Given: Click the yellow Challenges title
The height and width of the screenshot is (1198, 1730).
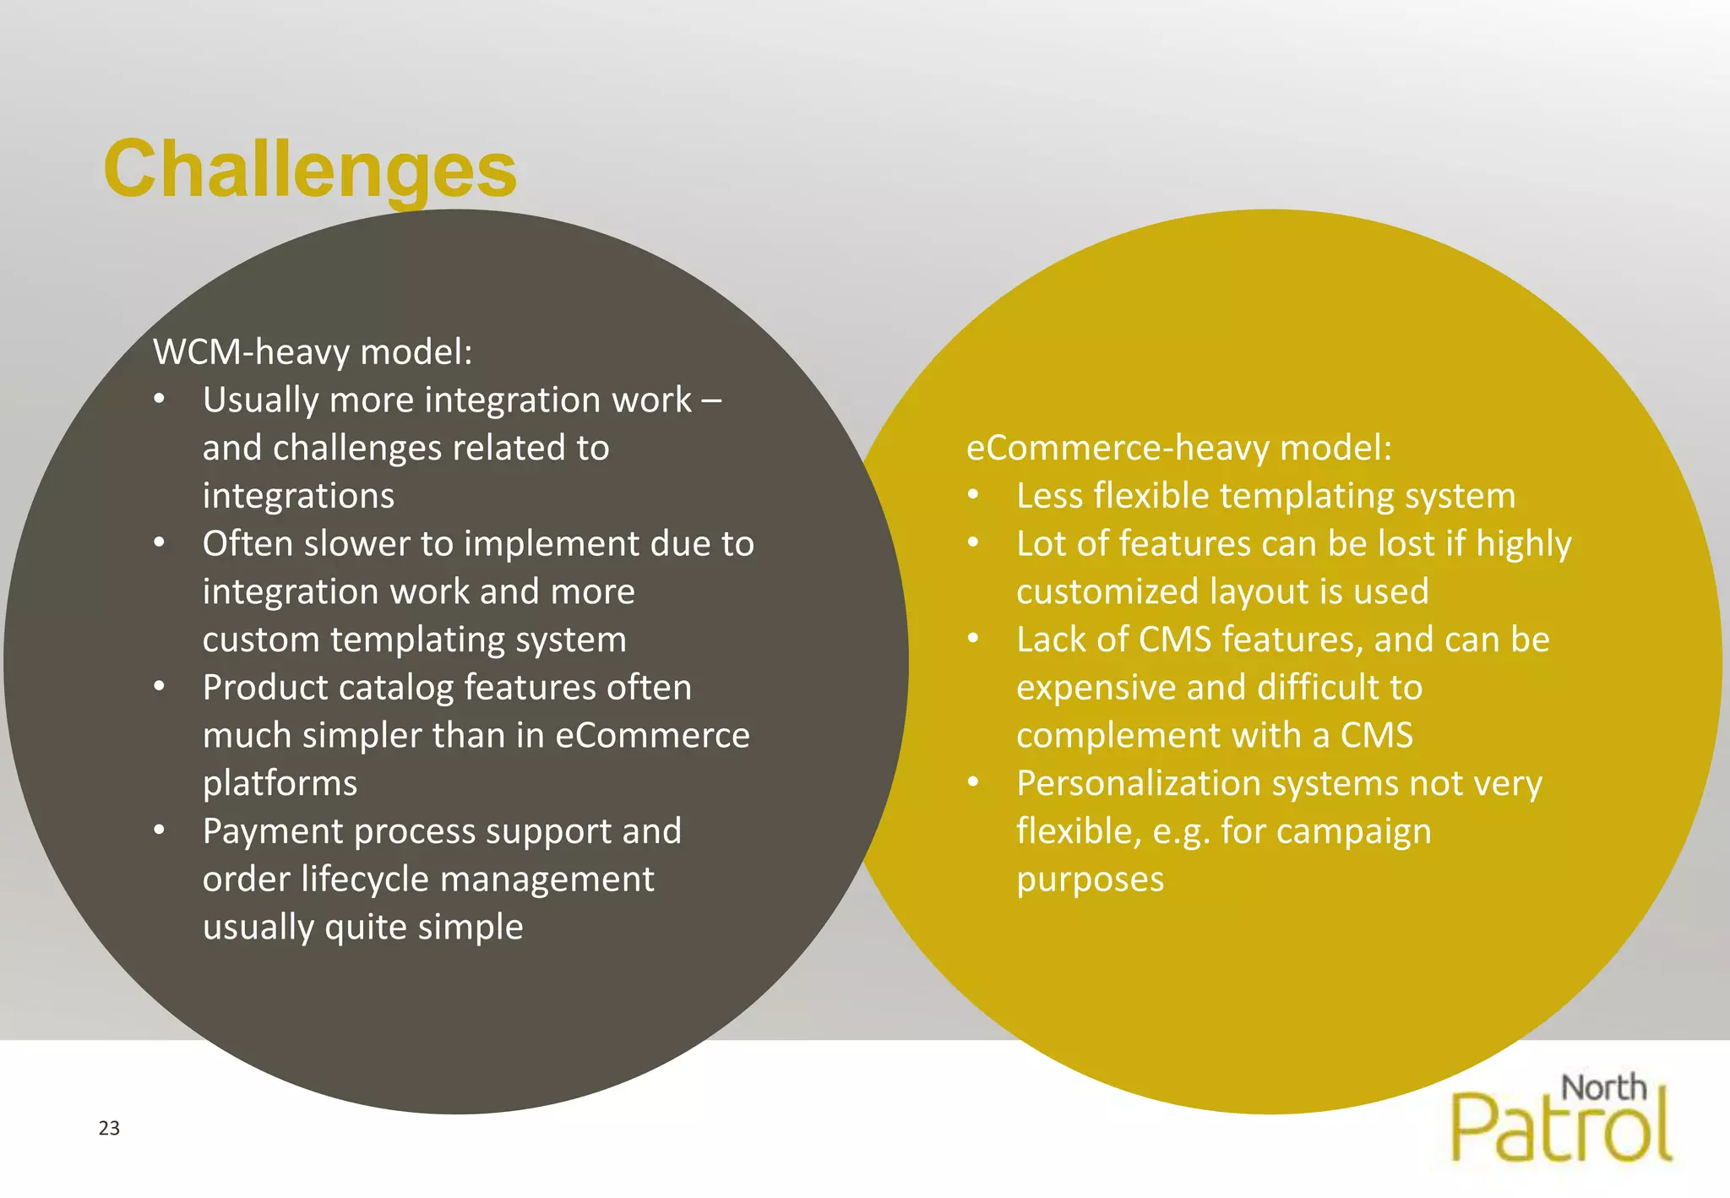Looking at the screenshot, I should [310, 171].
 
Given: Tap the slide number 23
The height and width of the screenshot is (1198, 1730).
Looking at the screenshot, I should [109, 1128].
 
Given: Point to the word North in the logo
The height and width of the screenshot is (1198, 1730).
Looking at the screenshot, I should [1603, 1087].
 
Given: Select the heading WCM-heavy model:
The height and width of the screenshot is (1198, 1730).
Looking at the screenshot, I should [313, 351].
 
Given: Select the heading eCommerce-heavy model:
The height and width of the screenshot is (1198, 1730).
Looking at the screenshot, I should [1178, 448].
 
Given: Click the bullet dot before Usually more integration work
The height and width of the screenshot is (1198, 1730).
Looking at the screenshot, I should [160, 399].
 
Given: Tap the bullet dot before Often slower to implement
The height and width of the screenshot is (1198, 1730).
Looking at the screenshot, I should [160, 542].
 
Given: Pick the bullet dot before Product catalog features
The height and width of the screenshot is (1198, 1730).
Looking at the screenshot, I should [160, 686].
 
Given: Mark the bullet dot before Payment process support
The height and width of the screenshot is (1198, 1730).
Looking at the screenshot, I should [160, 830].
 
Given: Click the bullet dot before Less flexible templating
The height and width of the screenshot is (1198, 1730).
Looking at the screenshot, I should [973, 495].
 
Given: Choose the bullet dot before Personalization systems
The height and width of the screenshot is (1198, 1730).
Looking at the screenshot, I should [973, 782].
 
